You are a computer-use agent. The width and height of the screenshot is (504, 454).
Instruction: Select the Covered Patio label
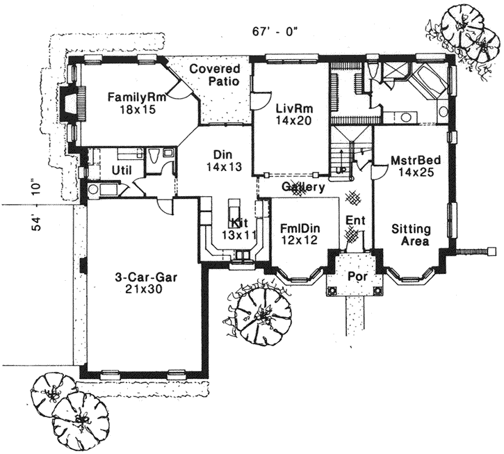coord(216,75)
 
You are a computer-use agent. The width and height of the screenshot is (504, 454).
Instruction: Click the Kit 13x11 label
coord(237,228)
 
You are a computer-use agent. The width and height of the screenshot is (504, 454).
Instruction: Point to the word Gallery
coord(304,188)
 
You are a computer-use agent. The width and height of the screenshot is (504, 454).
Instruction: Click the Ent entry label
coord(355,221)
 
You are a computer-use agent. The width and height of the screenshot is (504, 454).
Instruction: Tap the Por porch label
coord(355,276)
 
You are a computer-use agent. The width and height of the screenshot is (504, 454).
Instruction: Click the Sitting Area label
coord(410,235)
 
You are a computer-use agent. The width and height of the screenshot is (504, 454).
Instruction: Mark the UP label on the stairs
coord(340,170)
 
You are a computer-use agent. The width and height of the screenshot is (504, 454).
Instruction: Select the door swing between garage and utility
coord(164,206)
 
